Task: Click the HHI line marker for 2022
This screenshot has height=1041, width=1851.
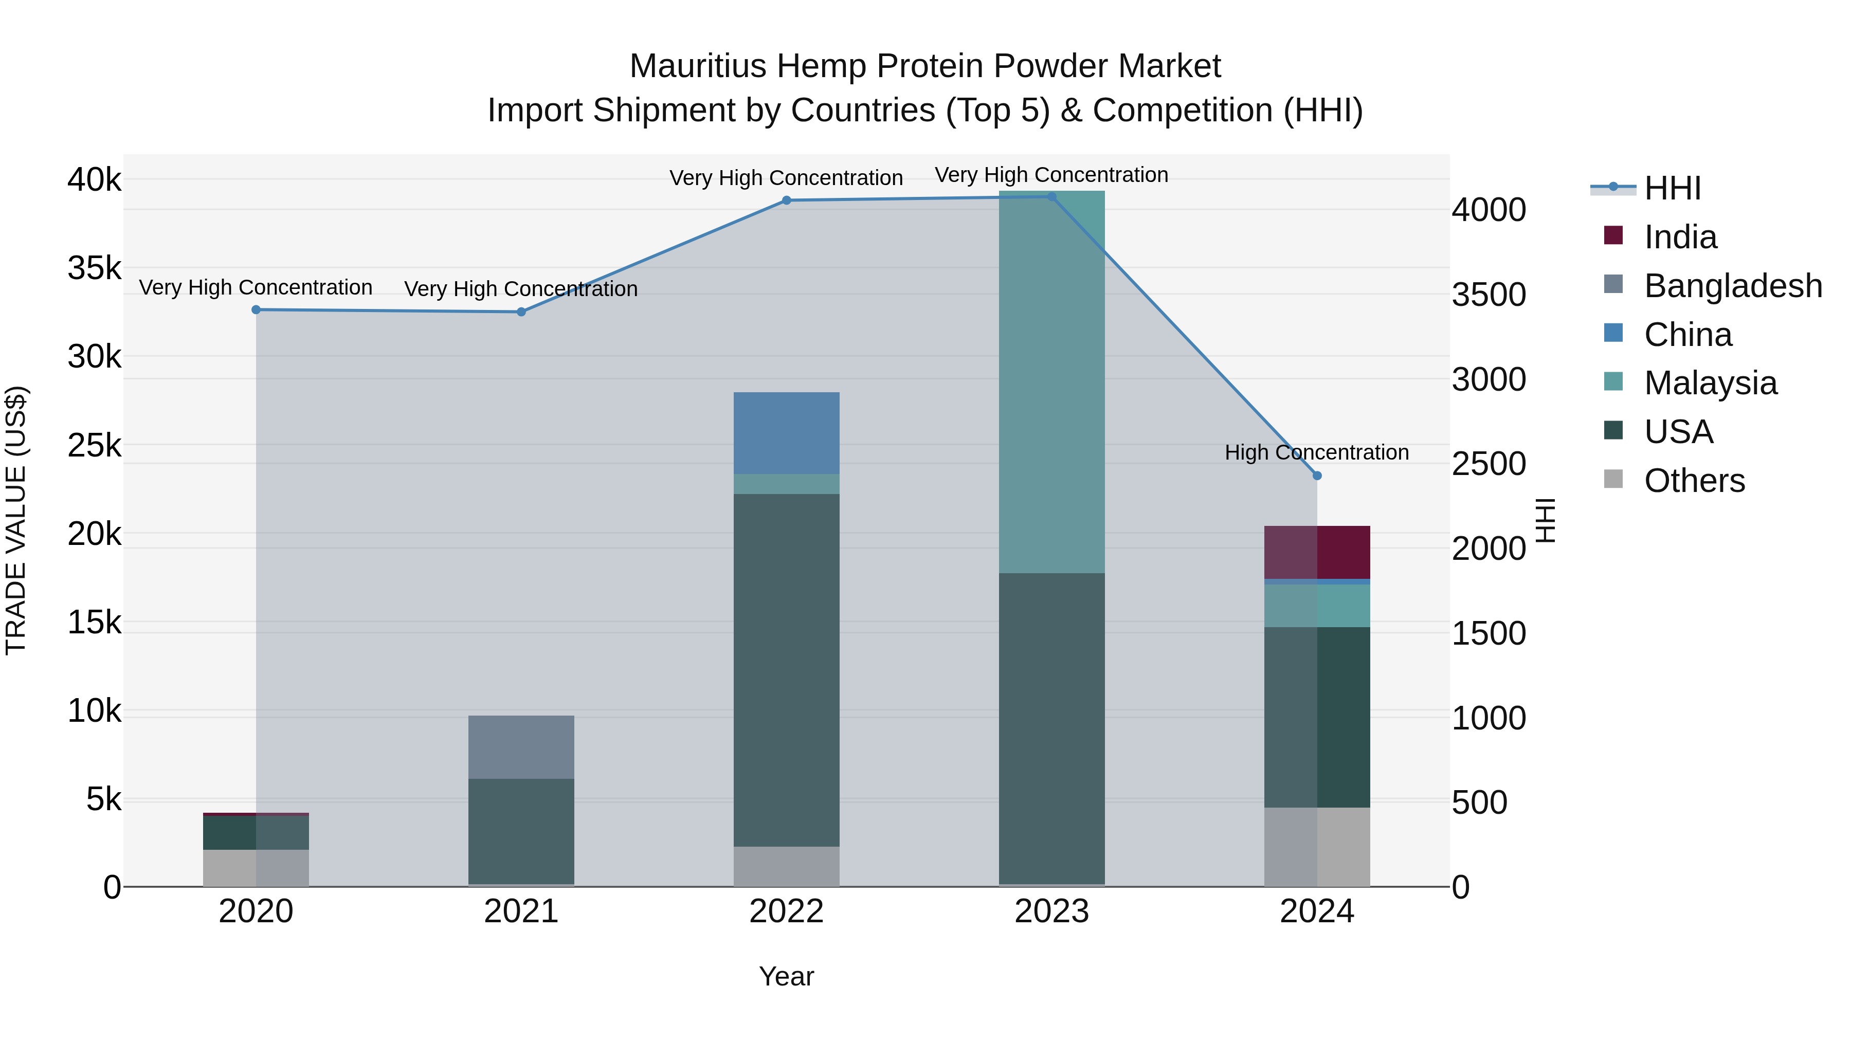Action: pyautogui.click(x=786, y=200)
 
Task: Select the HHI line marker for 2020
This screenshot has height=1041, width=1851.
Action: pyautogui.click(x=256, y=309)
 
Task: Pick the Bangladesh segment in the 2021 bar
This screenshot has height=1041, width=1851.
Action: pyautogui.click(x=521, y=747)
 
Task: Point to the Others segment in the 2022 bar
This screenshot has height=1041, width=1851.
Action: pyautogui.click(x=786, y=866)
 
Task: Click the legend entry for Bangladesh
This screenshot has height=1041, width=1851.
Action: pyautogui.click(x=1732, y=286)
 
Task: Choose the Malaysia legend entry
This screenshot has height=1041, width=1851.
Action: pyautogui.click(x=1710, y=383)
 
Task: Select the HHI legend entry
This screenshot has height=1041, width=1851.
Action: pyautogui.click(x=1672, y=188)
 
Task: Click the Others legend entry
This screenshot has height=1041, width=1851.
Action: pyautogui.click(x=1694, y=481)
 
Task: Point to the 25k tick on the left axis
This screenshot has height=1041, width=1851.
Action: pyautogui.click(x=95, y=445)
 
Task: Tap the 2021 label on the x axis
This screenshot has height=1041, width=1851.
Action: pyautogui.click(x=521, y=911)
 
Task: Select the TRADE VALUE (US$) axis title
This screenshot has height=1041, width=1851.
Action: pyautogui.click(x=16, y=520)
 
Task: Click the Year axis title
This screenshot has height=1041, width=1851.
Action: pyautogui.click(x=786, y=976)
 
